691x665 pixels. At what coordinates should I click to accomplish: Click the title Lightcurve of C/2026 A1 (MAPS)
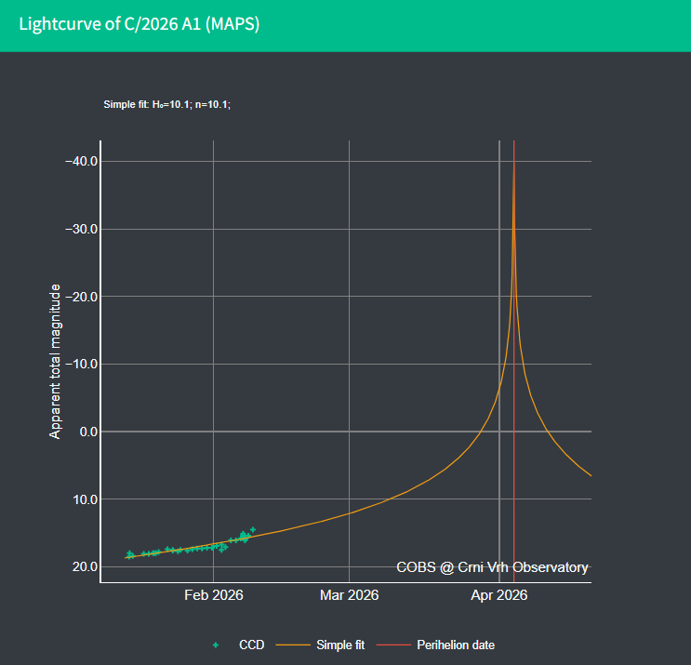[x=140, y=24]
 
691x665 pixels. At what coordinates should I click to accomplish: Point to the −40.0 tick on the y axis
[x=81, y=161]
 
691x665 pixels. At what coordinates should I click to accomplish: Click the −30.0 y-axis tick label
[x=81, y=229]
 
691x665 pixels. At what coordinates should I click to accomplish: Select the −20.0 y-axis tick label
[x=81, y=297]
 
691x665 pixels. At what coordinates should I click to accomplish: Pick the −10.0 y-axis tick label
[x=81, y=364]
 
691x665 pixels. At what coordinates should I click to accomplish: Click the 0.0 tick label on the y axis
[x=88, y=432]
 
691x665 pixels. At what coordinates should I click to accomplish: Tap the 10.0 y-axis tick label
[x=85, y=499]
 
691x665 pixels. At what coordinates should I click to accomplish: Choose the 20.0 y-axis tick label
[x=85, y=566]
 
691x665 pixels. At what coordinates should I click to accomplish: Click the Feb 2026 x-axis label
[x=214, y=595]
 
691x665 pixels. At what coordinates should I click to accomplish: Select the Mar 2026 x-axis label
[x=349, y=595]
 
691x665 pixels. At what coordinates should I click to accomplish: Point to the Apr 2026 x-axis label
[x=498, y=595]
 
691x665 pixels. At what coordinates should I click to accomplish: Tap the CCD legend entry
[x=250, y=645]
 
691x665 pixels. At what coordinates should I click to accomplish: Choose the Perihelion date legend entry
[x=455, y=645]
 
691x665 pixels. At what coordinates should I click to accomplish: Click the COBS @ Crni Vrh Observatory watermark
[x=492, y=566]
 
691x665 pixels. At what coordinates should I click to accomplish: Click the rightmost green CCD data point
[x=252, y=529]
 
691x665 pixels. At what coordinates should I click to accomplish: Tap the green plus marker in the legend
[x=216, y=645]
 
